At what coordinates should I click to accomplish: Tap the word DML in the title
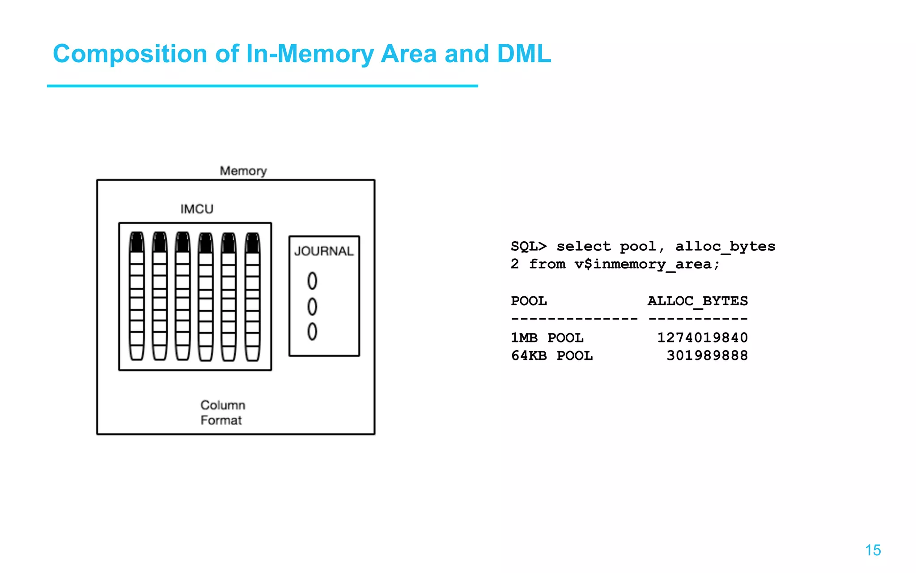coord(524,54)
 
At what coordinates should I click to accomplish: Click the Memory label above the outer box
coord(243,171)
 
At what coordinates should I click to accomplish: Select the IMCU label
coord(197,209)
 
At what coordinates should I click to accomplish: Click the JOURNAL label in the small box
coord(324,251)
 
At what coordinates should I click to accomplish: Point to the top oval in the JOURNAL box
coord(312,281)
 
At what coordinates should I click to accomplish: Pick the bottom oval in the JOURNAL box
coord(312,332)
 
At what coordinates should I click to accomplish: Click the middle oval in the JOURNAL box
coord(312,307)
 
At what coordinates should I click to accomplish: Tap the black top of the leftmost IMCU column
coord(137,242)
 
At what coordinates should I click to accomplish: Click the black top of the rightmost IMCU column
coord(252,243)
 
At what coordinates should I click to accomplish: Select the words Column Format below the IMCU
coord(222,412)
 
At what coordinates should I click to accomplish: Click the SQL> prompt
coord(529,246)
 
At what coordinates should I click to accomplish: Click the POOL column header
coord(529,301)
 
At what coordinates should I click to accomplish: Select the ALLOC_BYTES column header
coord(697,301)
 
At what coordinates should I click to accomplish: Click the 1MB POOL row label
coord(547,338)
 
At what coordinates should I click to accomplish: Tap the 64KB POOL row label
coord(551,355)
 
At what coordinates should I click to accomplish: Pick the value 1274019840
coord(702,338)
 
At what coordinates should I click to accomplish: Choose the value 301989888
coord(707,355)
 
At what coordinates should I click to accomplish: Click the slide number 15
coord(873,550)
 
